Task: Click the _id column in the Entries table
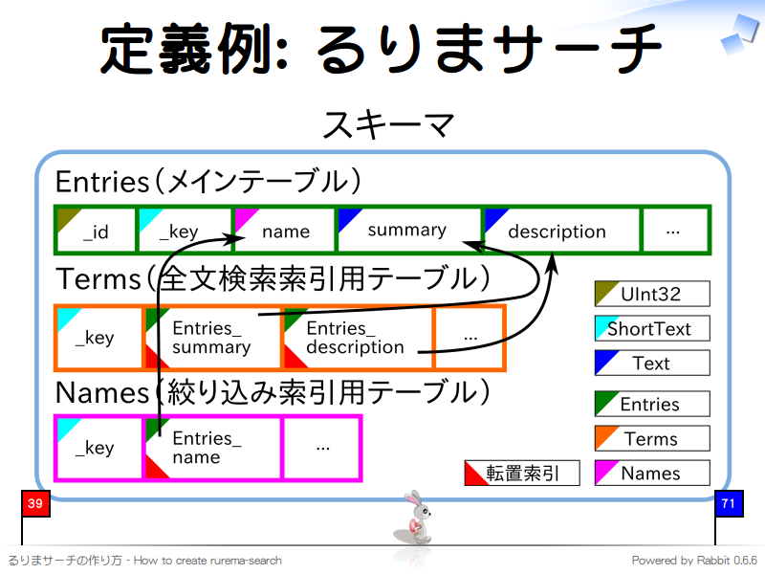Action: click(96, 231)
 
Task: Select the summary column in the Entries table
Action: click(407, 230)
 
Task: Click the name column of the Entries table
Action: click(284, 231)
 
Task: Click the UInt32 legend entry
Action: click(652, 294)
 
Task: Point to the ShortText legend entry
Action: click(652, 328)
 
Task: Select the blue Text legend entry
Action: click(652, 363)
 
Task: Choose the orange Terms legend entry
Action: click(652, 438)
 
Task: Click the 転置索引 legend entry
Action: click(522, 473)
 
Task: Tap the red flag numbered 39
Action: click(34, 504)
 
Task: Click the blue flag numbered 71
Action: click(729, 504)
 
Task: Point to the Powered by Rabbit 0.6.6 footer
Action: click(694, 561)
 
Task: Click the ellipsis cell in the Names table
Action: click(322, 448)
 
